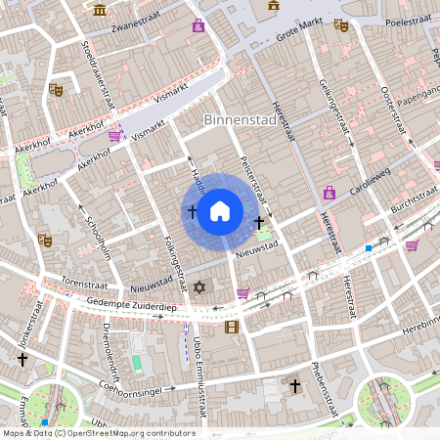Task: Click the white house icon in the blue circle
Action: [220, 210]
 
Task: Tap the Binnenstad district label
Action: [239, 119]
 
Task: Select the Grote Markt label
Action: [299, 35]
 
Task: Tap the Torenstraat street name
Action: [61, 280]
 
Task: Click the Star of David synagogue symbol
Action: [202, 288]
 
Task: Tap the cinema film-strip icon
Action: [231, 327]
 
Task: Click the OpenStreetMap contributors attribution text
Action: [99, 433]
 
